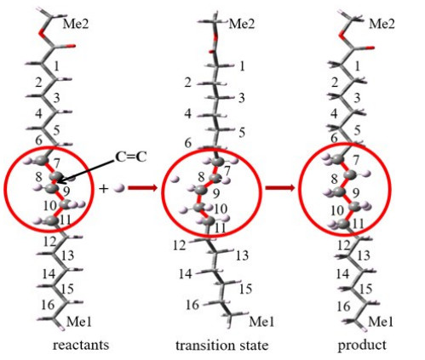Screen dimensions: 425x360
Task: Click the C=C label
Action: click(131, 157)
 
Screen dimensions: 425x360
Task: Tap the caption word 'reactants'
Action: click(81, 345)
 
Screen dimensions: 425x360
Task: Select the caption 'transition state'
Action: click(221, 345)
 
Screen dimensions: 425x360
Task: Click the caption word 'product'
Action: click(362, 346)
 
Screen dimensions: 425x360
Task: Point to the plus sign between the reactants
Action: click(104, 188)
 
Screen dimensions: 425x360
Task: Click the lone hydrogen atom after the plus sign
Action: click(119, 188)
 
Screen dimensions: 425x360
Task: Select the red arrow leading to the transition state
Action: click(142, 188)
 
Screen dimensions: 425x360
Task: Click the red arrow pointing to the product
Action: click(280, 188)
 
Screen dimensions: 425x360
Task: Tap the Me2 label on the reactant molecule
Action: click(76, 24)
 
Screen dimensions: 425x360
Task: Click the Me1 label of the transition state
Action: click(261, 322)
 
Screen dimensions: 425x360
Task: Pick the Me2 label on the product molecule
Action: click(382, 24)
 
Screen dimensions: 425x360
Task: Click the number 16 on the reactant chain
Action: click(48, 305)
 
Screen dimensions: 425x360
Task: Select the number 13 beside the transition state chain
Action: click(242, 255)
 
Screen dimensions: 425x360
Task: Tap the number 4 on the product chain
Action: click(334, 114)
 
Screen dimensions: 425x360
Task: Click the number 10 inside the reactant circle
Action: click(50, 205)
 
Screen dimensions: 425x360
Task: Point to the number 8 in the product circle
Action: click(334, 179)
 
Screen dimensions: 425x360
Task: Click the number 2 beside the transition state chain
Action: click(187, 83)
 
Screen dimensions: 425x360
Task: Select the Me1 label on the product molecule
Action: click(381, 322)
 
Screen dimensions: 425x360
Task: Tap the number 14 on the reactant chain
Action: click(49, 274)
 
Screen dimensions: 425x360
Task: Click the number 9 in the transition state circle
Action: click(216, 194)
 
